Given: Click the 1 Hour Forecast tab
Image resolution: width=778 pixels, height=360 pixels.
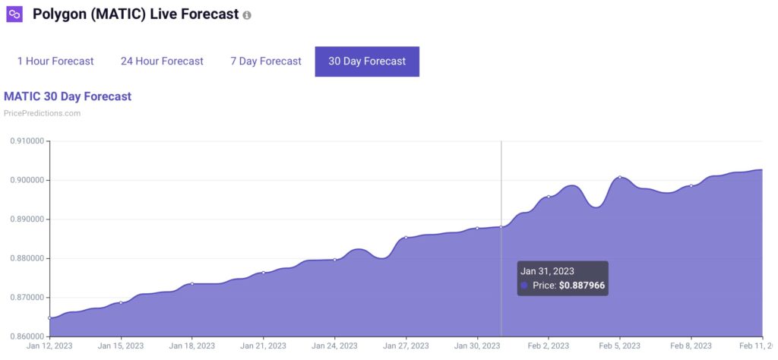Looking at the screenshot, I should (55, 61).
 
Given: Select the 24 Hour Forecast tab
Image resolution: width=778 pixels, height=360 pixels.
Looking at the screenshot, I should (162, 61).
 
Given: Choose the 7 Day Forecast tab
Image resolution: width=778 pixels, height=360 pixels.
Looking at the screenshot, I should (266, 61).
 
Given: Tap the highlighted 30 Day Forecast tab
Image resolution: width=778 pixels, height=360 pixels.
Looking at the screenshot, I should (367, 61).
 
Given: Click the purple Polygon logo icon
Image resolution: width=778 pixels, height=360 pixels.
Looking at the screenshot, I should (14, 14).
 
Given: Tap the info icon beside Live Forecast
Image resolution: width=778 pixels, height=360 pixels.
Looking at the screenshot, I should (247, 15).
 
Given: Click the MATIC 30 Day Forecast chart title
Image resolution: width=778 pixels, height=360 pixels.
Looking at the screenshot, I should (68, 96).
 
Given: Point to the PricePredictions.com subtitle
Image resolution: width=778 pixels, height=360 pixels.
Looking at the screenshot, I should (42, 113).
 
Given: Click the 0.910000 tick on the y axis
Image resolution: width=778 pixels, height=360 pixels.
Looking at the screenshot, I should (26, 141).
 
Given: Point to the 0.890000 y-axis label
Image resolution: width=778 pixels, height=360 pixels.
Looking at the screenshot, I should (26, 219).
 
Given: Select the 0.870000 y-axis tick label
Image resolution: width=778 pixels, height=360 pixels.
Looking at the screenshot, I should (26, 298).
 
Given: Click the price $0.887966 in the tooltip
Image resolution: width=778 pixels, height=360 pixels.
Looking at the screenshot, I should (582, 286).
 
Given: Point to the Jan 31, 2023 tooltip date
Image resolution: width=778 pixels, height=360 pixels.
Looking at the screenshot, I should (547, 270).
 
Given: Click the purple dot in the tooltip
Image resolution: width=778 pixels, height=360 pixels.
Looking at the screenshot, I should (524, 286).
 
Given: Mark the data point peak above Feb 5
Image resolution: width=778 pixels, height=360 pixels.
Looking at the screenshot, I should (620, 177).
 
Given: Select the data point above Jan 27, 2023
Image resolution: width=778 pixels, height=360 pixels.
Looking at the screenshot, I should (406, 238).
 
